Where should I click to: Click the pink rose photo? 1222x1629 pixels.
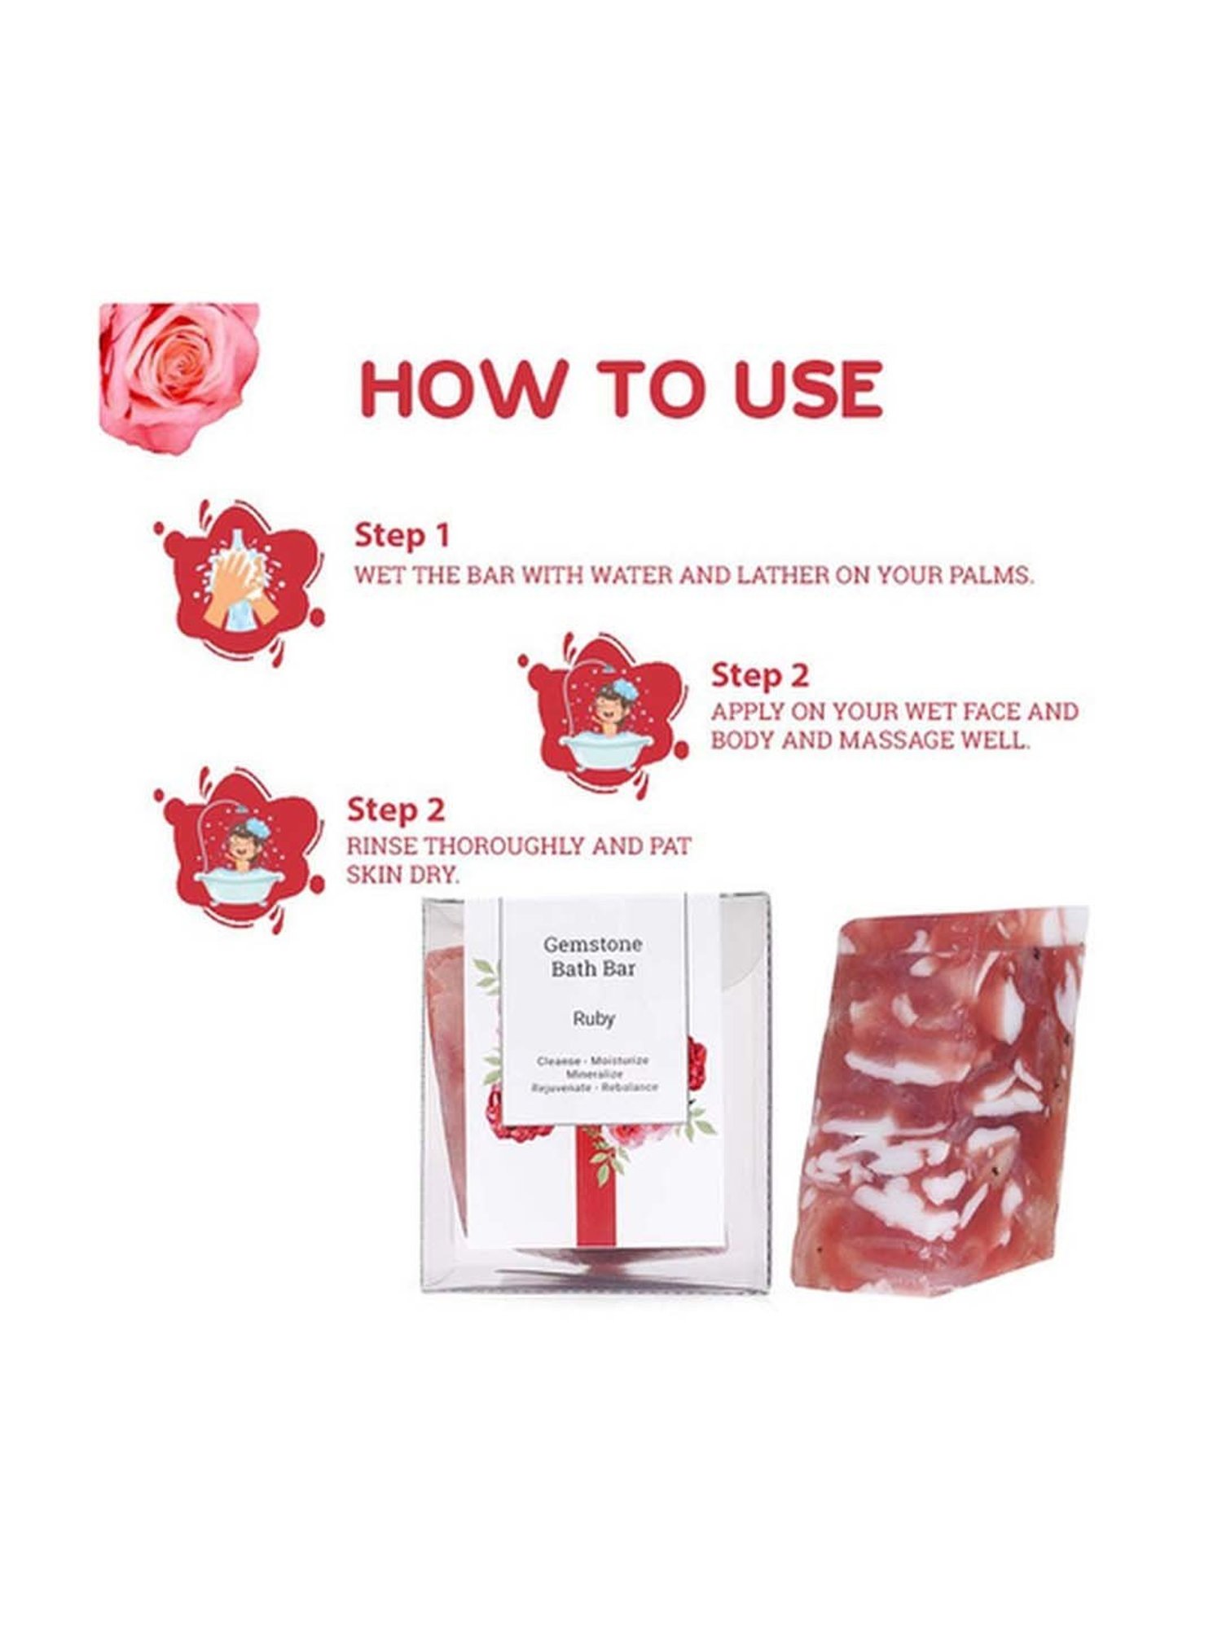(178, 376)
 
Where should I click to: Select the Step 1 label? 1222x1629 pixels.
(402, 536)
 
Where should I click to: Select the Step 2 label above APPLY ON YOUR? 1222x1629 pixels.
(759, 675)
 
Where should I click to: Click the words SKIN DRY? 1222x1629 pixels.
(403, 876)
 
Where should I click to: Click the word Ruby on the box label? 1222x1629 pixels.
(593, 1018)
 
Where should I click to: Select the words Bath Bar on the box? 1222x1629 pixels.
(593, 969)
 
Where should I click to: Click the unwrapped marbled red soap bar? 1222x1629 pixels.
(937, 1100)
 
